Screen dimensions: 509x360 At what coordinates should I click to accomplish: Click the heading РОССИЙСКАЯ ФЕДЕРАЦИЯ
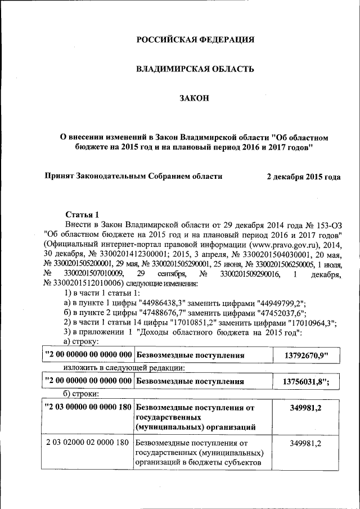196,39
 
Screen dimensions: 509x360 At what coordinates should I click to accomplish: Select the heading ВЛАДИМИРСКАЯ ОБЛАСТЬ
196,69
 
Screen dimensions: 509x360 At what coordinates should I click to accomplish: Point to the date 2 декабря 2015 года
303,176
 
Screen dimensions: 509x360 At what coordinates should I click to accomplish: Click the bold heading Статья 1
82,214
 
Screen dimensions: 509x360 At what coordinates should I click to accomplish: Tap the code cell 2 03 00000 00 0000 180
88,407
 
